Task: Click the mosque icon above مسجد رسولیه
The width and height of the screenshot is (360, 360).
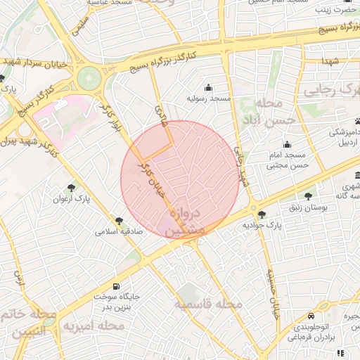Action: (x=208, y=88)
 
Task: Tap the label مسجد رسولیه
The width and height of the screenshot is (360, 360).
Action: (x=208, y=100)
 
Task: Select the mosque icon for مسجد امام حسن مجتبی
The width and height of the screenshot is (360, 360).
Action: (x=287, y=145)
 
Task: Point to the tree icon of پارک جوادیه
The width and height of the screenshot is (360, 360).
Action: (x=262, y=214)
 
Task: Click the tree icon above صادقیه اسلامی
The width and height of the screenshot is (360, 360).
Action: (x=119, y=221)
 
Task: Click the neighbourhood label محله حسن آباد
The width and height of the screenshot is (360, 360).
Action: (x=260, y=112)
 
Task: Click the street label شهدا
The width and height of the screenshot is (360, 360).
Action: (x=332, y=62)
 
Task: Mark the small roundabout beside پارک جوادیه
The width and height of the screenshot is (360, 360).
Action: (x=252, y=208)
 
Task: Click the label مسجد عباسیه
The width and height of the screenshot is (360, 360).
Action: (x=110, y=3)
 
